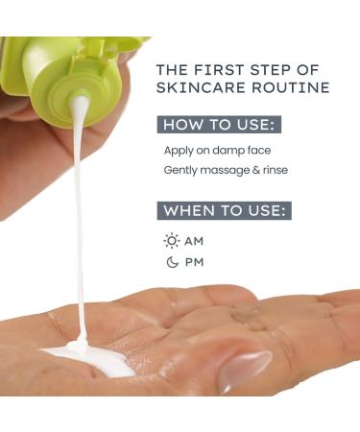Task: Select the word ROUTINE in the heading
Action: coord(286,87)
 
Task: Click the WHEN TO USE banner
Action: coord(225,210)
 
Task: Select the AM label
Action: coord(195,241)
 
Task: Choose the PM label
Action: coord(195,262)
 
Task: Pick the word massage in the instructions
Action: coord(230,171)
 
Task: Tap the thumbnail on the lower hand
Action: coord(244,370)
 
